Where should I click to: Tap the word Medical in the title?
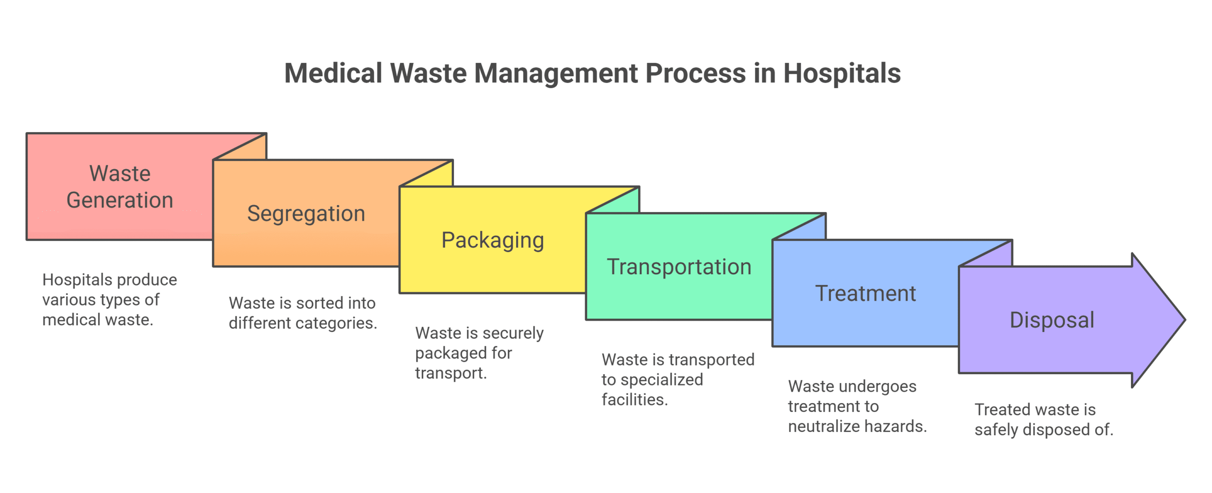[333, 73]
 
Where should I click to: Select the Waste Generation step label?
[120, 187]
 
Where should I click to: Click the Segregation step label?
[306, 213]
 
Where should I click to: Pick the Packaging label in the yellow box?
[492, 240]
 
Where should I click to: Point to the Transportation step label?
[679, 267]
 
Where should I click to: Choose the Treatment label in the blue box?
[865, 293]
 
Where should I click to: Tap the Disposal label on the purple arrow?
[1052, 320]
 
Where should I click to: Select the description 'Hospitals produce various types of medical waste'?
[109, 299]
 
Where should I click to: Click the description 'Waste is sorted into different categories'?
[303, 313]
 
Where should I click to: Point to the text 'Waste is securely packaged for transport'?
[479, 352]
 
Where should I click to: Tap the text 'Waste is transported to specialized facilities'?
[677, 379]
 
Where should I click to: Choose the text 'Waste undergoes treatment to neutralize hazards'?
[857, 406]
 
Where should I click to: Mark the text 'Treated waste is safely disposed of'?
[1043, 419]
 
